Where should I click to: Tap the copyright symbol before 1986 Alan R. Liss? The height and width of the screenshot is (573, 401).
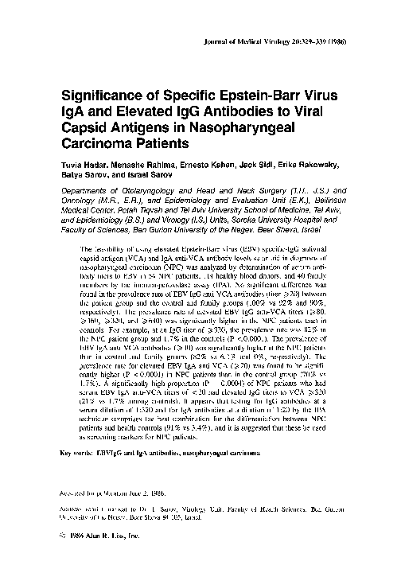64,537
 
